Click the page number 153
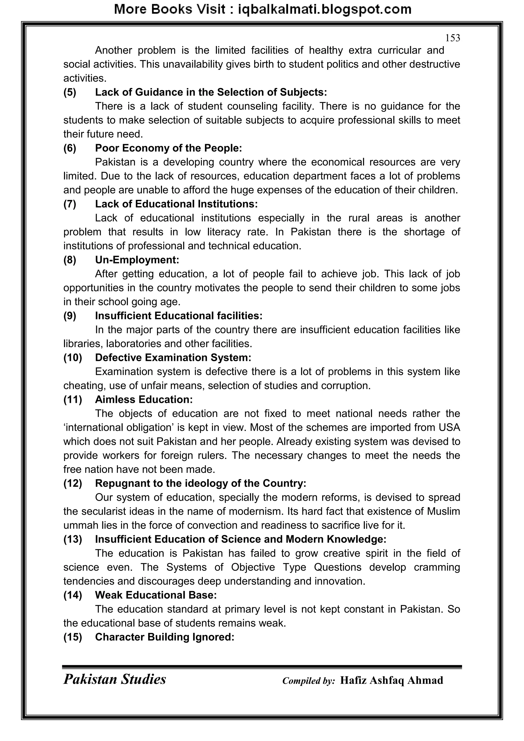(x=452, y=38)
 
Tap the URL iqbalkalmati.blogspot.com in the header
(x=325, y=10)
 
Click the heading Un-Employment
(x=137, y=260)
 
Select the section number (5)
(x=70, y=92)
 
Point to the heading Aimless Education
(x=144, y=400)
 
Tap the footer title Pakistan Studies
(x=115, y=679)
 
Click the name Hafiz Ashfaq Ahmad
(x=391, y=680)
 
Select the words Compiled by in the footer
(x=309, y=681)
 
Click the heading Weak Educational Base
(x=156, y=595)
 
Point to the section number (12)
(x=73, y=483)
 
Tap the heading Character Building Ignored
(x=165, y=637)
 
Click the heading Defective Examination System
(x=173, y=358)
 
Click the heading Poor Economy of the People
(x=168, y=148)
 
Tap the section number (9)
(x=70, y=316)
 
